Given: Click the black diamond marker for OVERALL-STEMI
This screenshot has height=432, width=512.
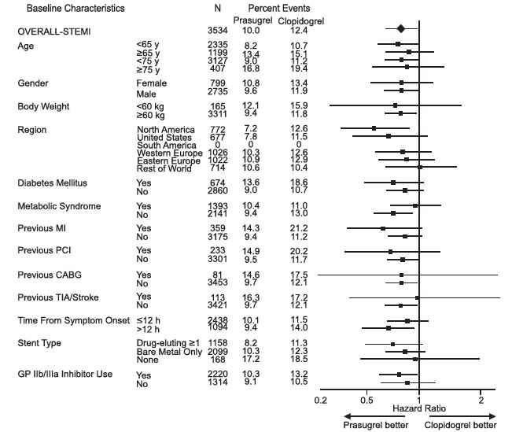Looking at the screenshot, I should coord(400,29).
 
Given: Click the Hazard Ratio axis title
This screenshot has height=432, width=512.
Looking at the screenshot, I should coord(418,410).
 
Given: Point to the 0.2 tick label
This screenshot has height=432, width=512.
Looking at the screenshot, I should coord(320,400).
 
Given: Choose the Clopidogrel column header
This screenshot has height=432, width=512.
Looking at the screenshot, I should coord(304,19).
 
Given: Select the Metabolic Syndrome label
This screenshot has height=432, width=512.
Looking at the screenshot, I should coord(70,206).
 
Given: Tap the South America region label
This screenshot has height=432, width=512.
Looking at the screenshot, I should coord(167,144).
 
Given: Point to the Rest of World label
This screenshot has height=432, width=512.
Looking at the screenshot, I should coord(165,167).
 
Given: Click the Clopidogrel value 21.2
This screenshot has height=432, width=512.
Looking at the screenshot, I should coord(298,229).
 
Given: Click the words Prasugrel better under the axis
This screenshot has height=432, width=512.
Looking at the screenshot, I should coord(374,425).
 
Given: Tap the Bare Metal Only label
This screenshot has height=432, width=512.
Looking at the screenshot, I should coord(171,352).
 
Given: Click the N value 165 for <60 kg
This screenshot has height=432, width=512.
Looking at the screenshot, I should coord(216,106).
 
